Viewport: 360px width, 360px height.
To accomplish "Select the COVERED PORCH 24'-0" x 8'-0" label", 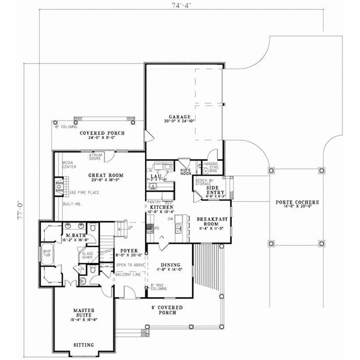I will click(x=100, y=134).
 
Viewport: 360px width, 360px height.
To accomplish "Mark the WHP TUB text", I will click(x=46, y=254).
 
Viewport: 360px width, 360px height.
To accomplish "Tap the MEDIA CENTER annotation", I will click(x=68, y=164).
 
